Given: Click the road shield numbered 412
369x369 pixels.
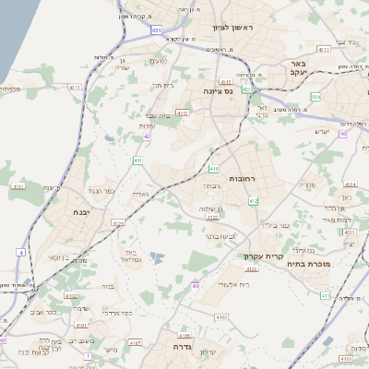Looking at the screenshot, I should click(x=254, y=200).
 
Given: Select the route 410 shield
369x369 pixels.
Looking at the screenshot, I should click(x=214, y=169).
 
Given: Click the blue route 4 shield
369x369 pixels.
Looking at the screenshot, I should click(x=20, y=251).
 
